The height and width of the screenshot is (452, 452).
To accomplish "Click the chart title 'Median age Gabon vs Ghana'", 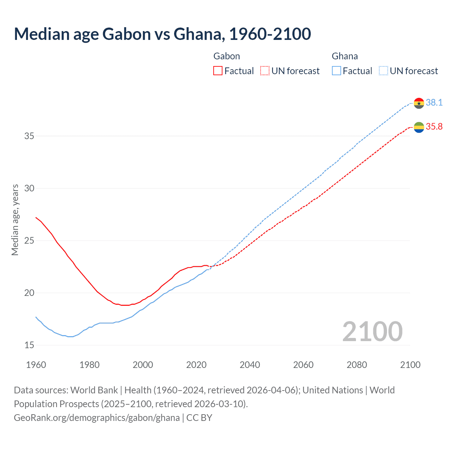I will coord(162,34).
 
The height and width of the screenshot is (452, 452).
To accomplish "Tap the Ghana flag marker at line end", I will coord(419,103).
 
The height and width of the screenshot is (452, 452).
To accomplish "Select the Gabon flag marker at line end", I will coord(419,127).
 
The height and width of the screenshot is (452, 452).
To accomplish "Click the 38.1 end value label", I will coord(434,103).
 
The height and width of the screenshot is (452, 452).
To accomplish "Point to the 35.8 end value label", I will coord(434,127).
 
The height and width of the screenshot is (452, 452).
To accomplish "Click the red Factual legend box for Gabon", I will coord(218,71).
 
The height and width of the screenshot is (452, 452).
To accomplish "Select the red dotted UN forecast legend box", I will coord(265,71).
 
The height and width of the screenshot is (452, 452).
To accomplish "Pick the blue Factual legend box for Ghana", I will coord(337,71).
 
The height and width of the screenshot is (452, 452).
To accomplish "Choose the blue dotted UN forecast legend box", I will coord(383,71).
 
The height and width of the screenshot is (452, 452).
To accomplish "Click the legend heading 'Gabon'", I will coord(227,56).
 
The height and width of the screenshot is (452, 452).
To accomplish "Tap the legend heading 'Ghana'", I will coord(345,56).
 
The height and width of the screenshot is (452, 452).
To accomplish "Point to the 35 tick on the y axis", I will coord(29,136).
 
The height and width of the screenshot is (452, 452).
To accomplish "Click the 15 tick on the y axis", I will coord(29,345).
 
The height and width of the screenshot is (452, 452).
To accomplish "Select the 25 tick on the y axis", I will coord(29,240).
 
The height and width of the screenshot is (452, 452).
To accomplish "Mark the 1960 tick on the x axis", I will coord(36,365).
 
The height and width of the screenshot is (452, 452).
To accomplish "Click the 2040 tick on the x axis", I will coord(250,365).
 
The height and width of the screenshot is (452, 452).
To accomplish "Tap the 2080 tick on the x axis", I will coord(357,365).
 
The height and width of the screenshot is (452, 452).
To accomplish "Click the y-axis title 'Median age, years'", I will coord(15,220).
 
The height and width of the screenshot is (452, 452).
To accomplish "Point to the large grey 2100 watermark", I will coord(372,332).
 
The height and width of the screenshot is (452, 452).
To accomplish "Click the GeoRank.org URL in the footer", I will coord(97,418).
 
